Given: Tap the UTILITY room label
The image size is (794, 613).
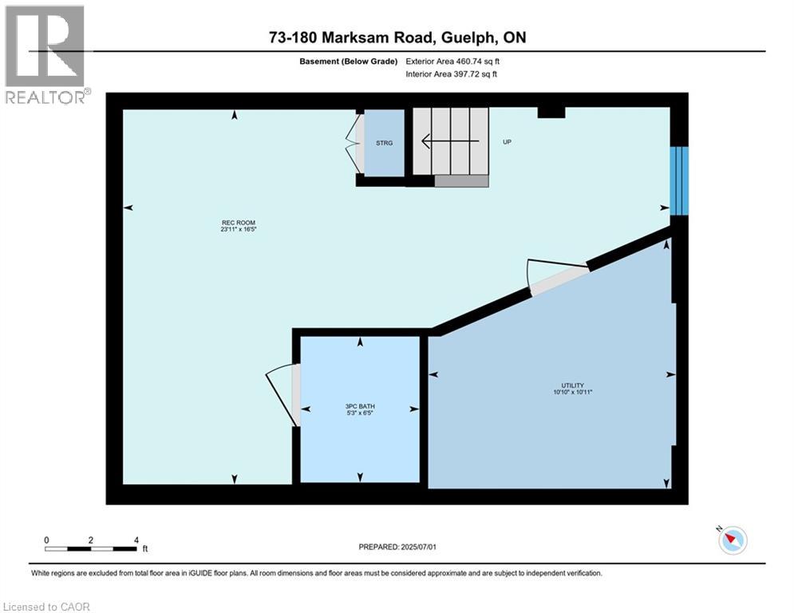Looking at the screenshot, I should coord(573,388).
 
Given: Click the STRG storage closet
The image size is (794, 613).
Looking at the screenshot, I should coord(384,143).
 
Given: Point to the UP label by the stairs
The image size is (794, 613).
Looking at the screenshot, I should coord(506,143).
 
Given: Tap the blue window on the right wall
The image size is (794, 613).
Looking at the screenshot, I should coord(678,180).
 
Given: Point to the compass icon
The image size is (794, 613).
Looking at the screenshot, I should coord(732,540).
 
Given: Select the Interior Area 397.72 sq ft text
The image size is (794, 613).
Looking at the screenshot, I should coord(452,75).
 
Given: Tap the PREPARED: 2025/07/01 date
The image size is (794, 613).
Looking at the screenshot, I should coord(397,547).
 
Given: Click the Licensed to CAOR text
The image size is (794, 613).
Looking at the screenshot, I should coord(47,607).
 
